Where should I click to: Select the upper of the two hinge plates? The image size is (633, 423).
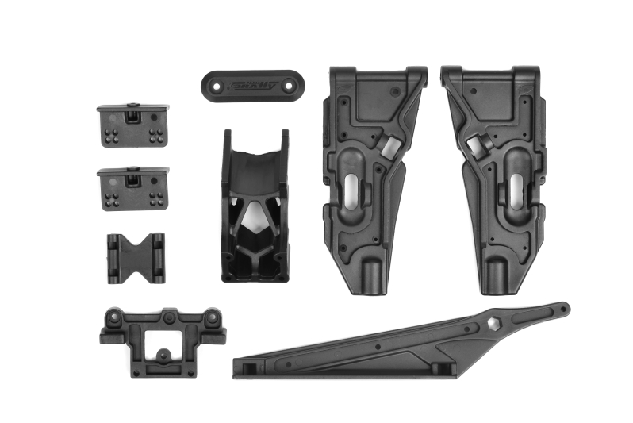132,125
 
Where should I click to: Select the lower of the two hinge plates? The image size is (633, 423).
132,187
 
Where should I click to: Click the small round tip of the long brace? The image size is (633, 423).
562,306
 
